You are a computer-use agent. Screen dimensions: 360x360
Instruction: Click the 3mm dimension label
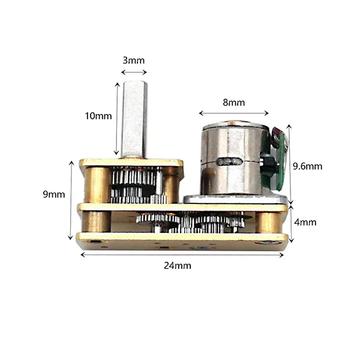[134, 61]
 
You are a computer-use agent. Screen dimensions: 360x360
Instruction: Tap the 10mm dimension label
[98, 116]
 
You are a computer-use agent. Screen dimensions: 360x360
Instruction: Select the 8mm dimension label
[234, 103]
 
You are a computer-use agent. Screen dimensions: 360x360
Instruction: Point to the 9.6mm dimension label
[307, 166]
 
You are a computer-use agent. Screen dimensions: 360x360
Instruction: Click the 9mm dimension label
[54, 194]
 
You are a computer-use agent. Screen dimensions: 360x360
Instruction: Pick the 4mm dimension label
[305, 222]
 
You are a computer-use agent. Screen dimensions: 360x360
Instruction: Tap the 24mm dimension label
[178, 266]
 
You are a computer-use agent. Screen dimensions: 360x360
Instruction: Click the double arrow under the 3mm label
[134, 73]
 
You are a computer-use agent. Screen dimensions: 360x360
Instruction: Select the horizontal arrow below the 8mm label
[234, 113]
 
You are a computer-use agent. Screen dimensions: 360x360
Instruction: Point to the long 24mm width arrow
[182, 255]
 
